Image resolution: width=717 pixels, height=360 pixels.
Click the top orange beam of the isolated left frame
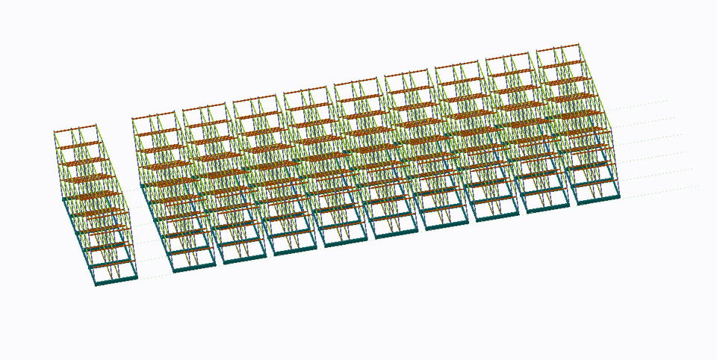(75, 130)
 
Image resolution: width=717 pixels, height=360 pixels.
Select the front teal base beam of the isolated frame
(117, 281)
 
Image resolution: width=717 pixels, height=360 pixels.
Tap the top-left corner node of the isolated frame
(55, 133)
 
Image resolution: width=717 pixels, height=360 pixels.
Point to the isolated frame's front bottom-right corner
(137, 277)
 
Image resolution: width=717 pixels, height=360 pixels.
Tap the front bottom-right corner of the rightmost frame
(619, 196)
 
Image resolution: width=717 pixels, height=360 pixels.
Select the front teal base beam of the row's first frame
(194, 267)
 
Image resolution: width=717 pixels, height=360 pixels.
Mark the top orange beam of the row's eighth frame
(508, 57)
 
